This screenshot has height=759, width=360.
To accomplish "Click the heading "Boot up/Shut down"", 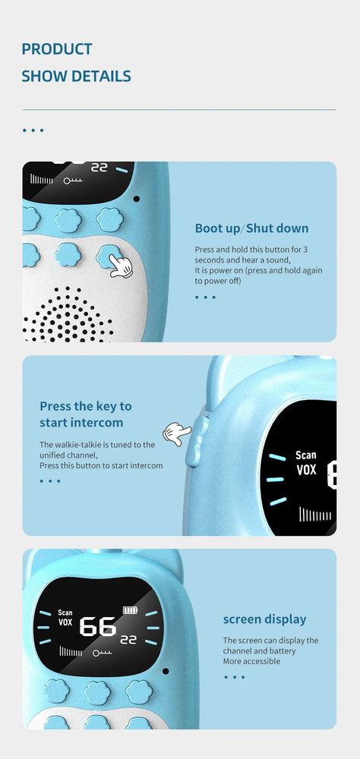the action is (x=251, y=228).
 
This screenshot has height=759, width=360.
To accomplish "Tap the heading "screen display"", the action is (x=264, y=619).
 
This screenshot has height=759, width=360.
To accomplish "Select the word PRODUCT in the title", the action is (x=57, y=49).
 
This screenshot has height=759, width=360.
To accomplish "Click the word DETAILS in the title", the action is (x=101, y=76).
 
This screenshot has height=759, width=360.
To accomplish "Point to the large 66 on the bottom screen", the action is (x=98, y=626).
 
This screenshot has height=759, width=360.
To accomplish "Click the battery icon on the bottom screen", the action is (x=130, y=610).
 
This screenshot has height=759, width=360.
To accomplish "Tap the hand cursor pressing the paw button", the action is (x=121, y=266).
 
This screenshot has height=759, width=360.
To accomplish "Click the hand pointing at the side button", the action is (x=177, y=433).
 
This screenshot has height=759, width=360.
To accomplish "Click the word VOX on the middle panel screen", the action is (x=306, y=469).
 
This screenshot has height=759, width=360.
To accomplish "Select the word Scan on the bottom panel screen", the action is (x=65, y=613).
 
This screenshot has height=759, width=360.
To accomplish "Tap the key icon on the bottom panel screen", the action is (x=103, y=653).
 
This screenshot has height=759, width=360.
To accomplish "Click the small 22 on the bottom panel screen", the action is (x=128, y=639).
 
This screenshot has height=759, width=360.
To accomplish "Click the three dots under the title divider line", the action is (x=33, y=131).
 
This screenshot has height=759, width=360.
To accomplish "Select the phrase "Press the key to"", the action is (x=86, y=405).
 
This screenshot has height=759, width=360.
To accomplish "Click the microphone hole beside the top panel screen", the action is (x=137, y=198).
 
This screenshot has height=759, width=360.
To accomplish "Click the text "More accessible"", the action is (x=251, y=661).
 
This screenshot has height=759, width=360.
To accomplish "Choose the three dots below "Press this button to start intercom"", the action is (x=50, y=481).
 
